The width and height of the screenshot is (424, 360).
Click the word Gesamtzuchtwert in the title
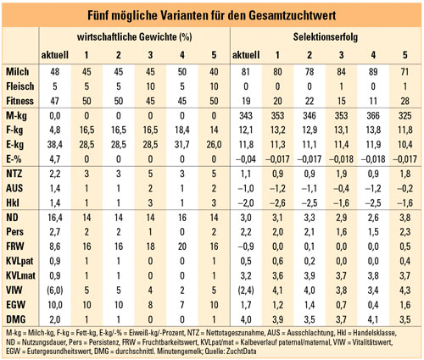[x=293, y=15]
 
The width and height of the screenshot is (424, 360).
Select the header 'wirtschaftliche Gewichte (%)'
[x=135, y=37]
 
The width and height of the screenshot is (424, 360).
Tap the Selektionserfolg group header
[x=326, y=37]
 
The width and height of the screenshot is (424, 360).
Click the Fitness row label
[x=20, y=101]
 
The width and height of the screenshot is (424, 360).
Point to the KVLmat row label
[x=20, y=275]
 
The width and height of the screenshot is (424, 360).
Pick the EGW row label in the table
[x=16, y=305]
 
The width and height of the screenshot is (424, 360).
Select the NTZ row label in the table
[x=14, y=174]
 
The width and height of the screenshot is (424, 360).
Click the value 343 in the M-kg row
[x=246, y=115]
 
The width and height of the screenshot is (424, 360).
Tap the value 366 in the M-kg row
[x=373, y=115]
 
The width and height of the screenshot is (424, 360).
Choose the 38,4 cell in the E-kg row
[x=55, y=145]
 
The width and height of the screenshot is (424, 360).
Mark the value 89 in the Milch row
[x=373, y=72]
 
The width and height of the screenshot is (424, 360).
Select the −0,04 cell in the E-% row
[x=246, y=159]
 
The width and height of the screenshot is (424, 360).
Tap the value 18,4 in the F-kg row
[x=182, y=130]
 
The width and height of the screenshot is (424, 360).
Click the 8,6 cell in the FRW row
[x=55, y=246]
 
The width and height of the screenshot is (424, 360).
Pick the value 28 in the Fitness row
[x=405, y=101]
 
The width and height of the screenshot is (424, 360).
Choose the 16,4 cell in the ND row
[x=55, y=218]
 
